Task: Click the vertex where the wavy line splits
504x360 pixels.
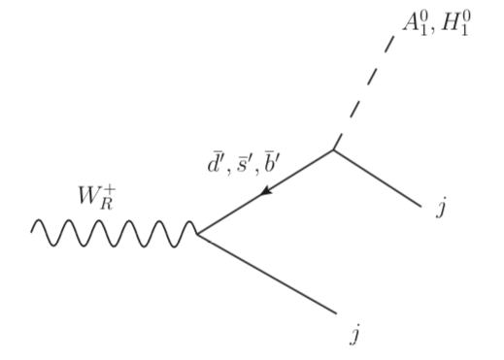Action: pos(198,234)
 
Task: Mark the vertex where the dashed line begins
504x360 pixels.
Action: pos(334,148)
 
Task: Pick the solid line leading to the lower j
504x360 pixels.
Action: pos(267,274)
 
